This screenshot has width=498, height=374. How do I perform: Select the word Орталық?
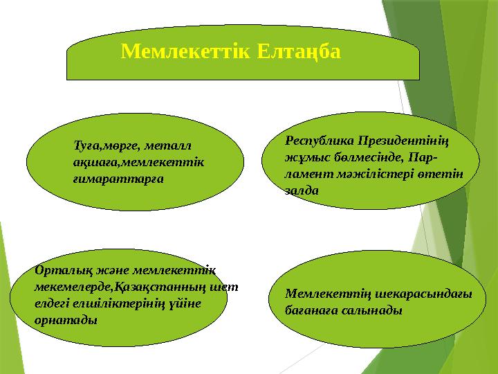pos(61,271)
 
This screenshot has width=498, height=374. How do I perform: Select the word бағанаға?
pos(312,311)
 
